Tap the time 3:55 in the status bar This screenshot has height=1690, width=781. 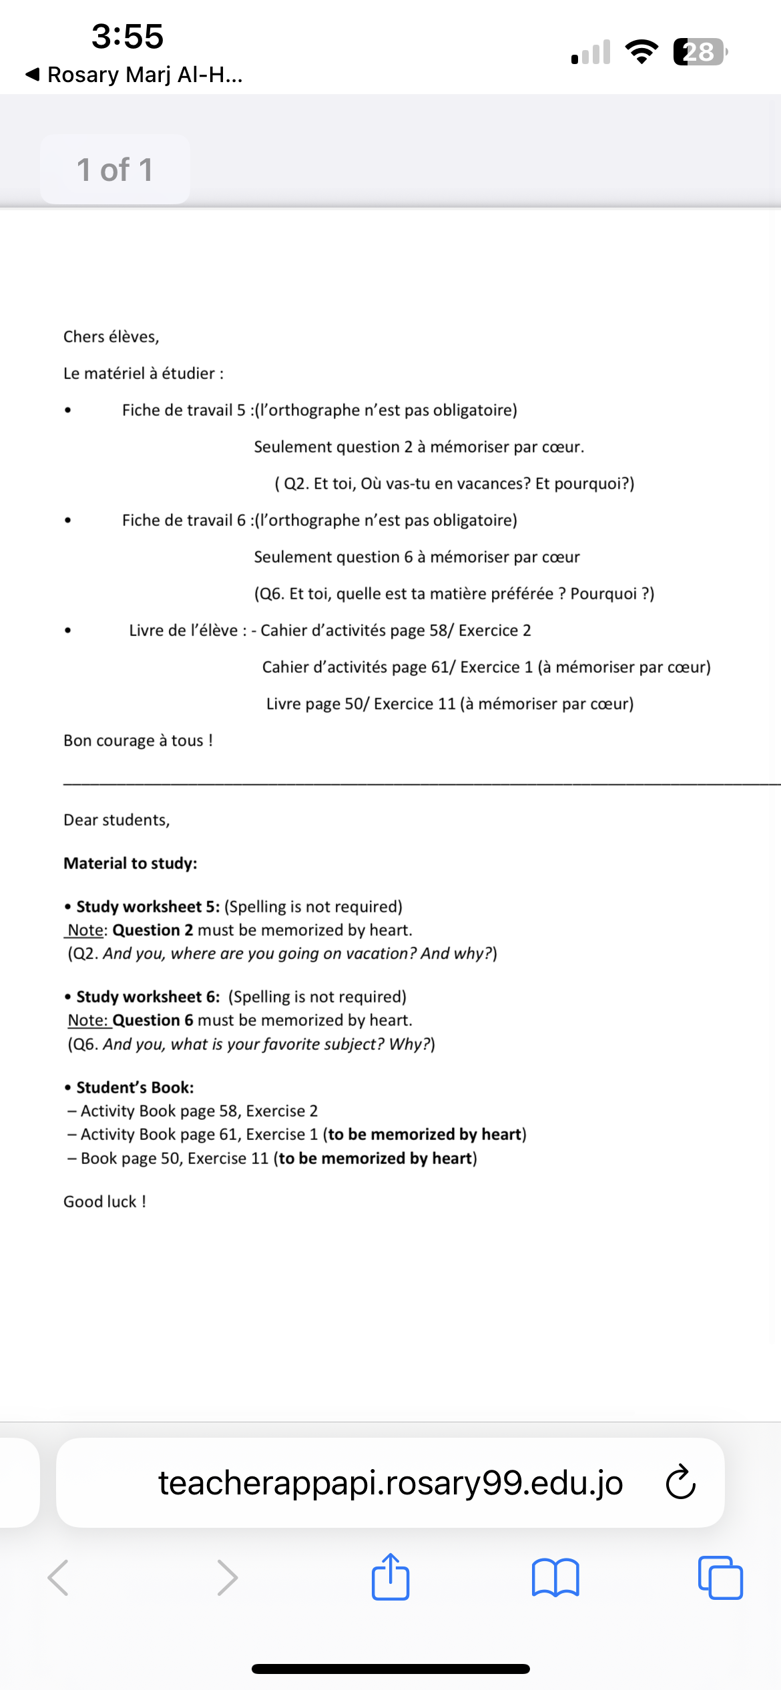(127, 36)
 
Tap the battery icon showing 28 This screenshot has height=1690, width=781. (699, 52)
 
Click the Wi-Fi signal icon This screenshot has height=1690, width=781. (641, 52)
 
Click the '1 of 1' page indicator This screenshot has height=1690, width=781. (115, 170)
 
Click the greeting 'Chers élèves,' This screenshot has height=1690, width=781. (111, 337)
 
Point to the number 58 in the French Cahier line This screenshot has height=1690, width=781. (439, 631)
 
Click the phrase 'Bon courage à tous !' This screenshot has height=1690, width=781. (138, 741)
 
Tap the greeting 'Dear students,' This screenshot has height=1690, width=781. (117, 820)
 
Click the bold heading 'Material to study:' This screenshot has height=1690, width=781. (130, 864)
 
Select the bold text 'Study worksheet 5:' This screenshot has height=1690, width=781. (148, 907)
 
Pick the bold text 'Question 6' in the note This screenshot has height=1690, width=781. (153, 1021)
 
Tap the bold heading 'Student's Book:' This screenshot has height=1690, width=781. (135, 1088)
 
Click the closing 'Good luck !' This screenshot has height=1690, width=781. (105, 1202)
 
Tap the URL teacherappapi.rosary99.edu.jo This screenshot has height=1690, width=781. (390, 1483)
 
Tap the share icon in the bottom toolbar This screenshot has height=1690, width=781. (390, 1578)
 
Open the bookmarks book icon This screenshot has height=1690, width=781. (555, 1578)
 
